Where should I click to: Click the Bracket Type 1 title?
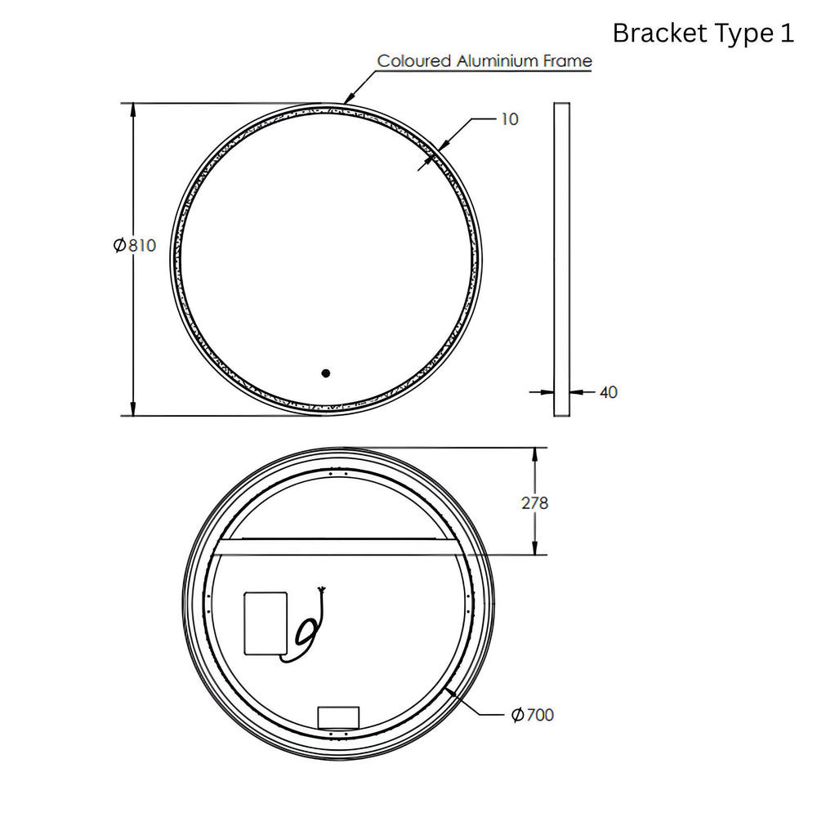pos(703,33)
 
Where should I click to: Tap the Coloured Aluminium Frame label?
pos(484,61)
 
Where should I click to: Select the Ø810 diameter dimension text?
pos(135,245)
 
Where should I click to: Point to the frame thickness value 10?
pos(510,119)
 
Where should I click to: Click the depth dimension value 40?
pos(608,392)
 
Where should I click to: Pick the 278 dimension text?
pos(534,502)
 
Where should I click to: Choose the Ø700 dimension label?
pos(533,714)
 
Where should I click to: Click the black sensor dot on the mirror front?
pos(326,373)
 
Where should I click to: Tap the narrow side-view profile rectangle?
pos(562,260)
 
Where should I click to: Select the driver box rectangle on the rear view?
pos(266,623)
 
